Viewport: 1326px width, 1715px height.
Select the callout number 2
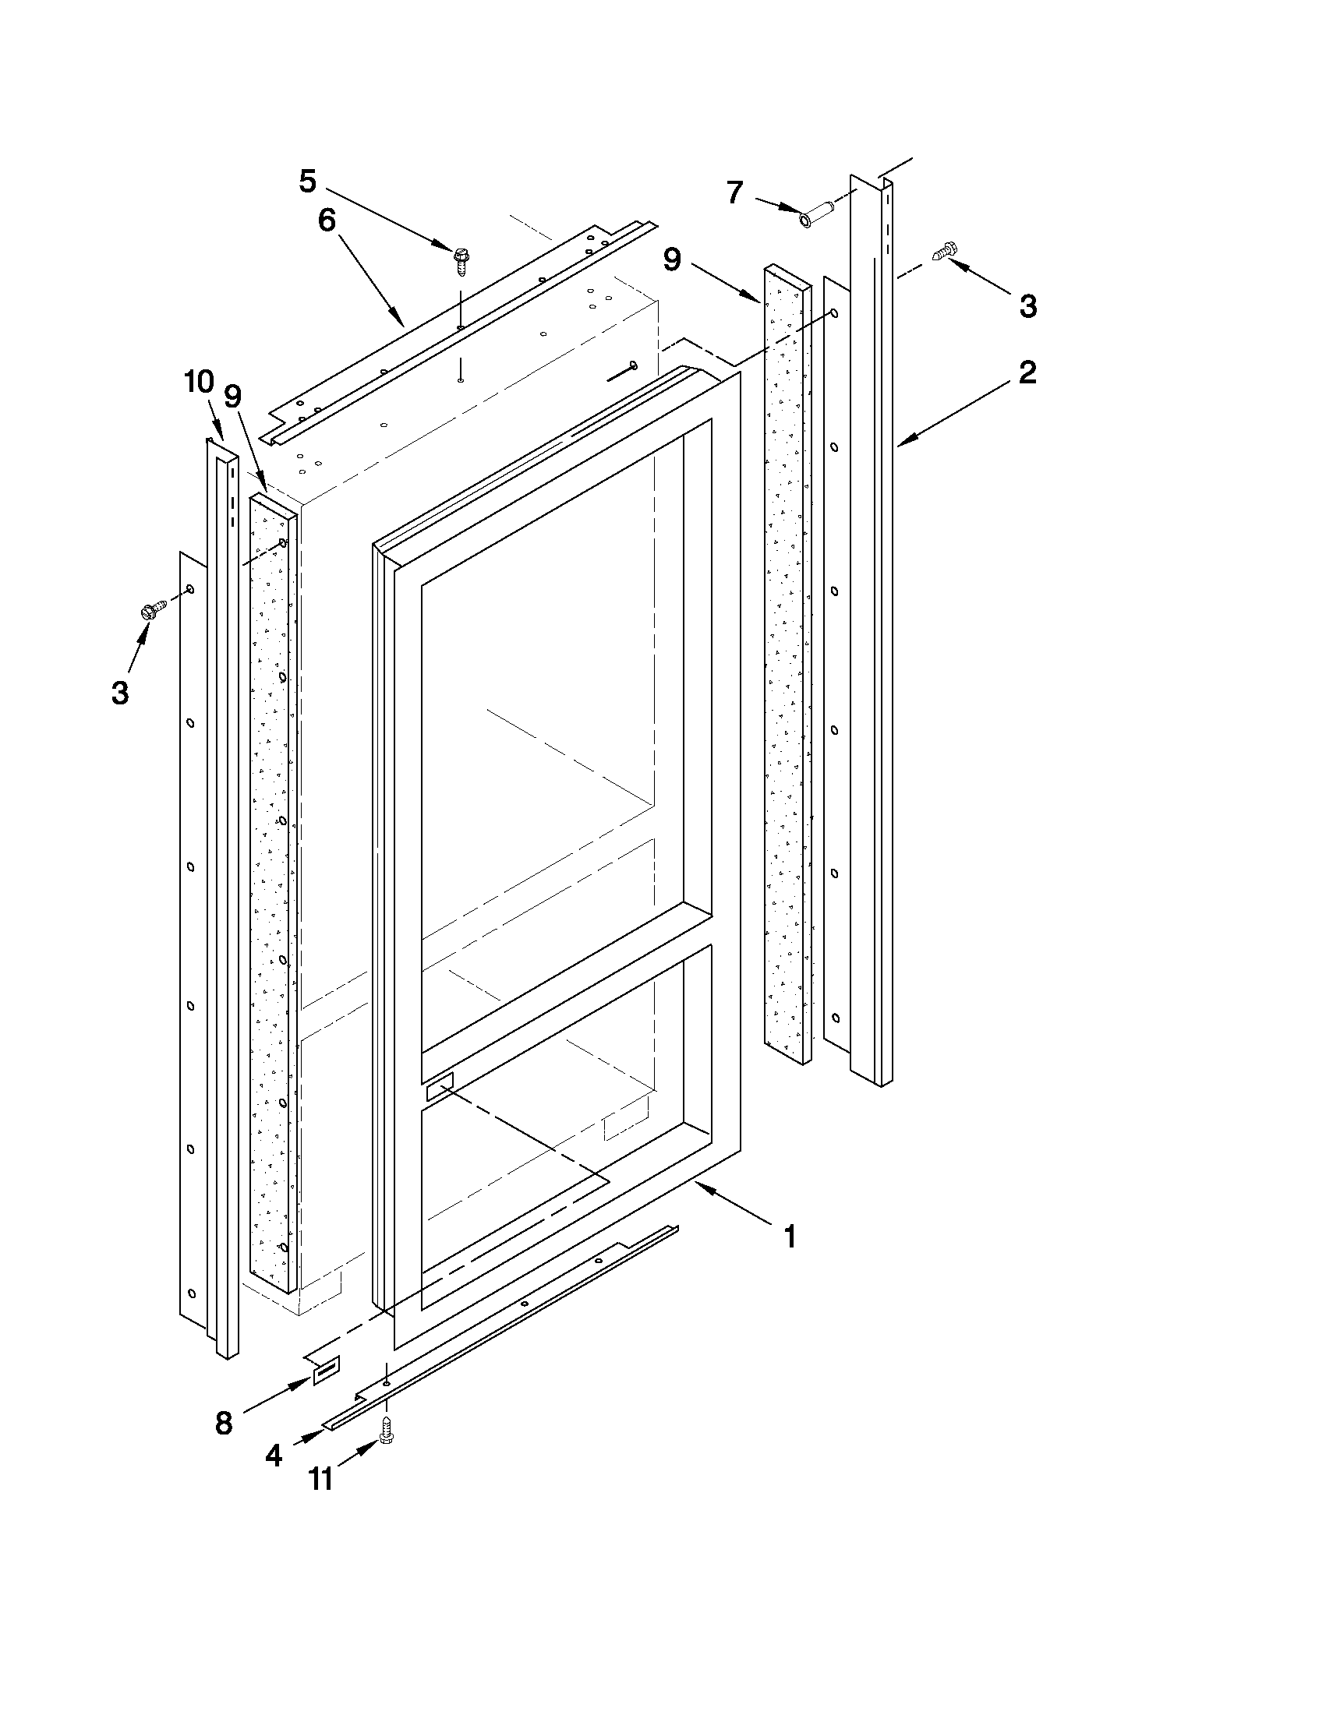[x=1027, y=372]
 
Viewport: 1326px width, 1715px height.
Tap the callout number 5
[x=307, y=182]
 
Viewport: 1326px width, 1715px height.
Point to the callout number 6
[x=327, y=221]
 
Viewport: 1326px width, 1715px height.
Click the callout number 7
[x=734, y=192]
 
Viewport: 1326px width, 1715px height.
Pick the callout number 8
[x=224, y=1423]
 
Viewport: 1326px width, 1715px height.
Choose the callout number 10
[x=199, y=383]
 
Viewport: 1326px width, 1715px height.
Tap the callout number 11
[x=320, y=1480]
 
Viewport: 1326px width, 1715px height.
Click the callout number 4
[x=273, y=1456]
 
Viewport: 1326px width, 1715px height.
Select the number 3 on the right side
[x=1027, y=306]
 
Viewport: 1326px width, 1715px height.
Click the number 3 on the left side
[x=119, y=693]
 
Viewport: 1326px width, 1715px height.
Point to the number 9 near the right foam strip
[x=673, y=260]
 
